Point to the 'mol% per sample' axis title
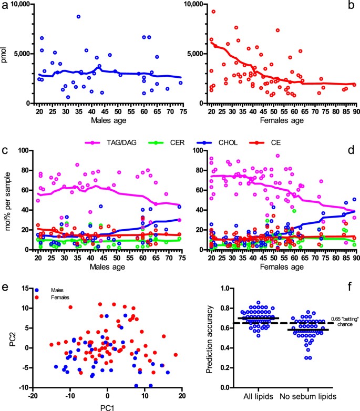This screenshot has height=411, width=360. pos(5,200)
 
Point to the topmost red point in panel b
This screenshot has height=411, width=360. pos(213,12)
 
